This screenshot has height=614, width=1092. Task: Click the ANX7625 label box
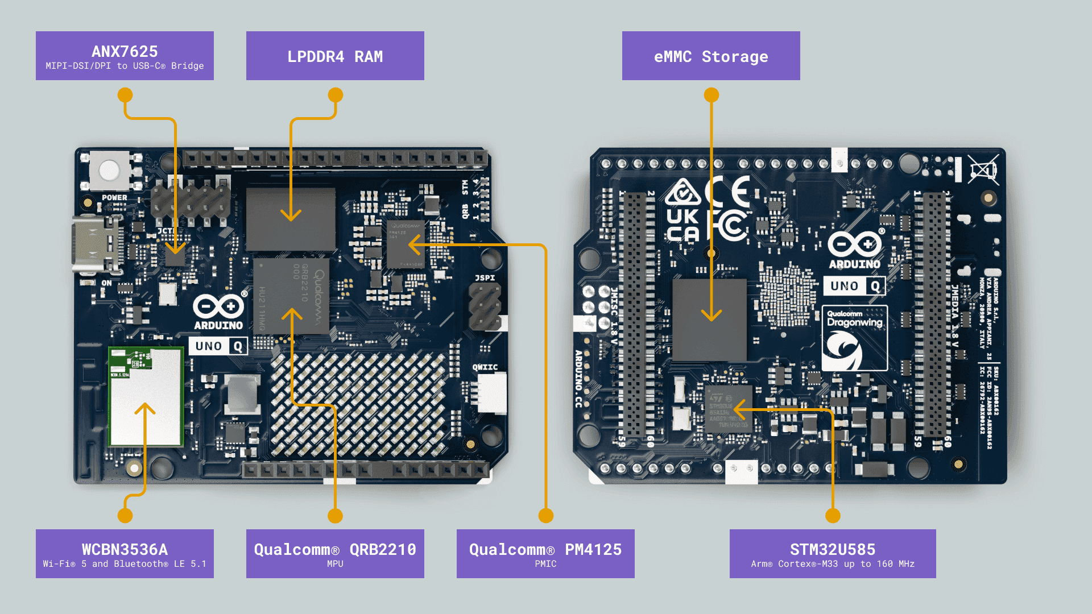coord(125,56)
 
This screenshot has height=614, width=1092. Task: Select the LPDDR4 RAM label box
coord(335,56)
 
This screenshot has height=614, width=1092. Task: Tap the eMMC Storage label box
coord(711,56)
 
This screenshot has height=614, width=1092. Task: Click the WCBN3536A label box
coord(125,554)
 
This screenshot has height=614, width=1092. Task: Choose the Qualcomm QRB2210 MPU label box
coord(335,554)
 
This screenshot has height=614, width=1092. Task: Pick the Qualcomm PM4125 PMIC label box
coord(545,554)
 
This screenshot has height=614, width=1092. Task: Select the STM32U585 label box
coord(833,554)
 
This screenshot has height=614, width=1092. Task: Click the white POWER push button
coord(109,171)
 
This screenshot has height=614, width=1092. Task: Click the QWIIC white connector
coord(491,392)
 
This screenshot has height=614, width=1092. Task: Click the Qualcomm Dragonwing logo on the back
coord(854,339)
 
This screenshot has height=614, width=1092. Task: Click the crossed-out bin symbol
coord(983,169)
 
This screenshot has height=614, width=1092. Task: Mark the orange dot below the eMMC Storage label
coord(711,95)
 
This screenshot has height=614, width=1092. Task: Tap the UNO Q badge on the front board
coord(218,346)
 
